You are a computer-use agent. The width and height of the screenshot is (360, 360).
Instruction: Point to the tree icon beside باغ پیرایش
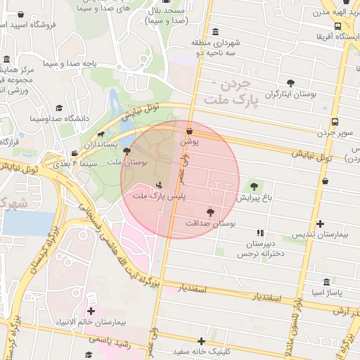click(254, 186)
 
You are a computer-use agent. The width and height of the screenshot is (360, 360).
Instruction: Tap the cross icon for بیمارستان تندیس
click(321, 224)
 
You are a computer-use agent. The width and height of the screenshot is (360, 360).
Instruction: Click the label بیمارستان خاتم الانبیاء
click(91, 323)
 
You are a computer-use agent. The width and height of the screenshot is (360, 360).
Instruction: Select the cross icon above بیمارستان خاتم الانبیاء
click(91, 311)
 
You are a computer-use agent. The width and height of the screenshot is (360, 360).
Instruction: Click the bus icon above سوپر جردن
click(334, 121)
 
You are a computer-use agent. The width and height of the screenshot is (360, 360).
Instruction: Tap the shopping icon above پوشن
click(189, 130)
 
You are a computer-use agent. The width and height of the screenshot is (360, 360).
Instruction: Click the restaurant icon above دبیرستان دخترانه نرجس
click(260, 232)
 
